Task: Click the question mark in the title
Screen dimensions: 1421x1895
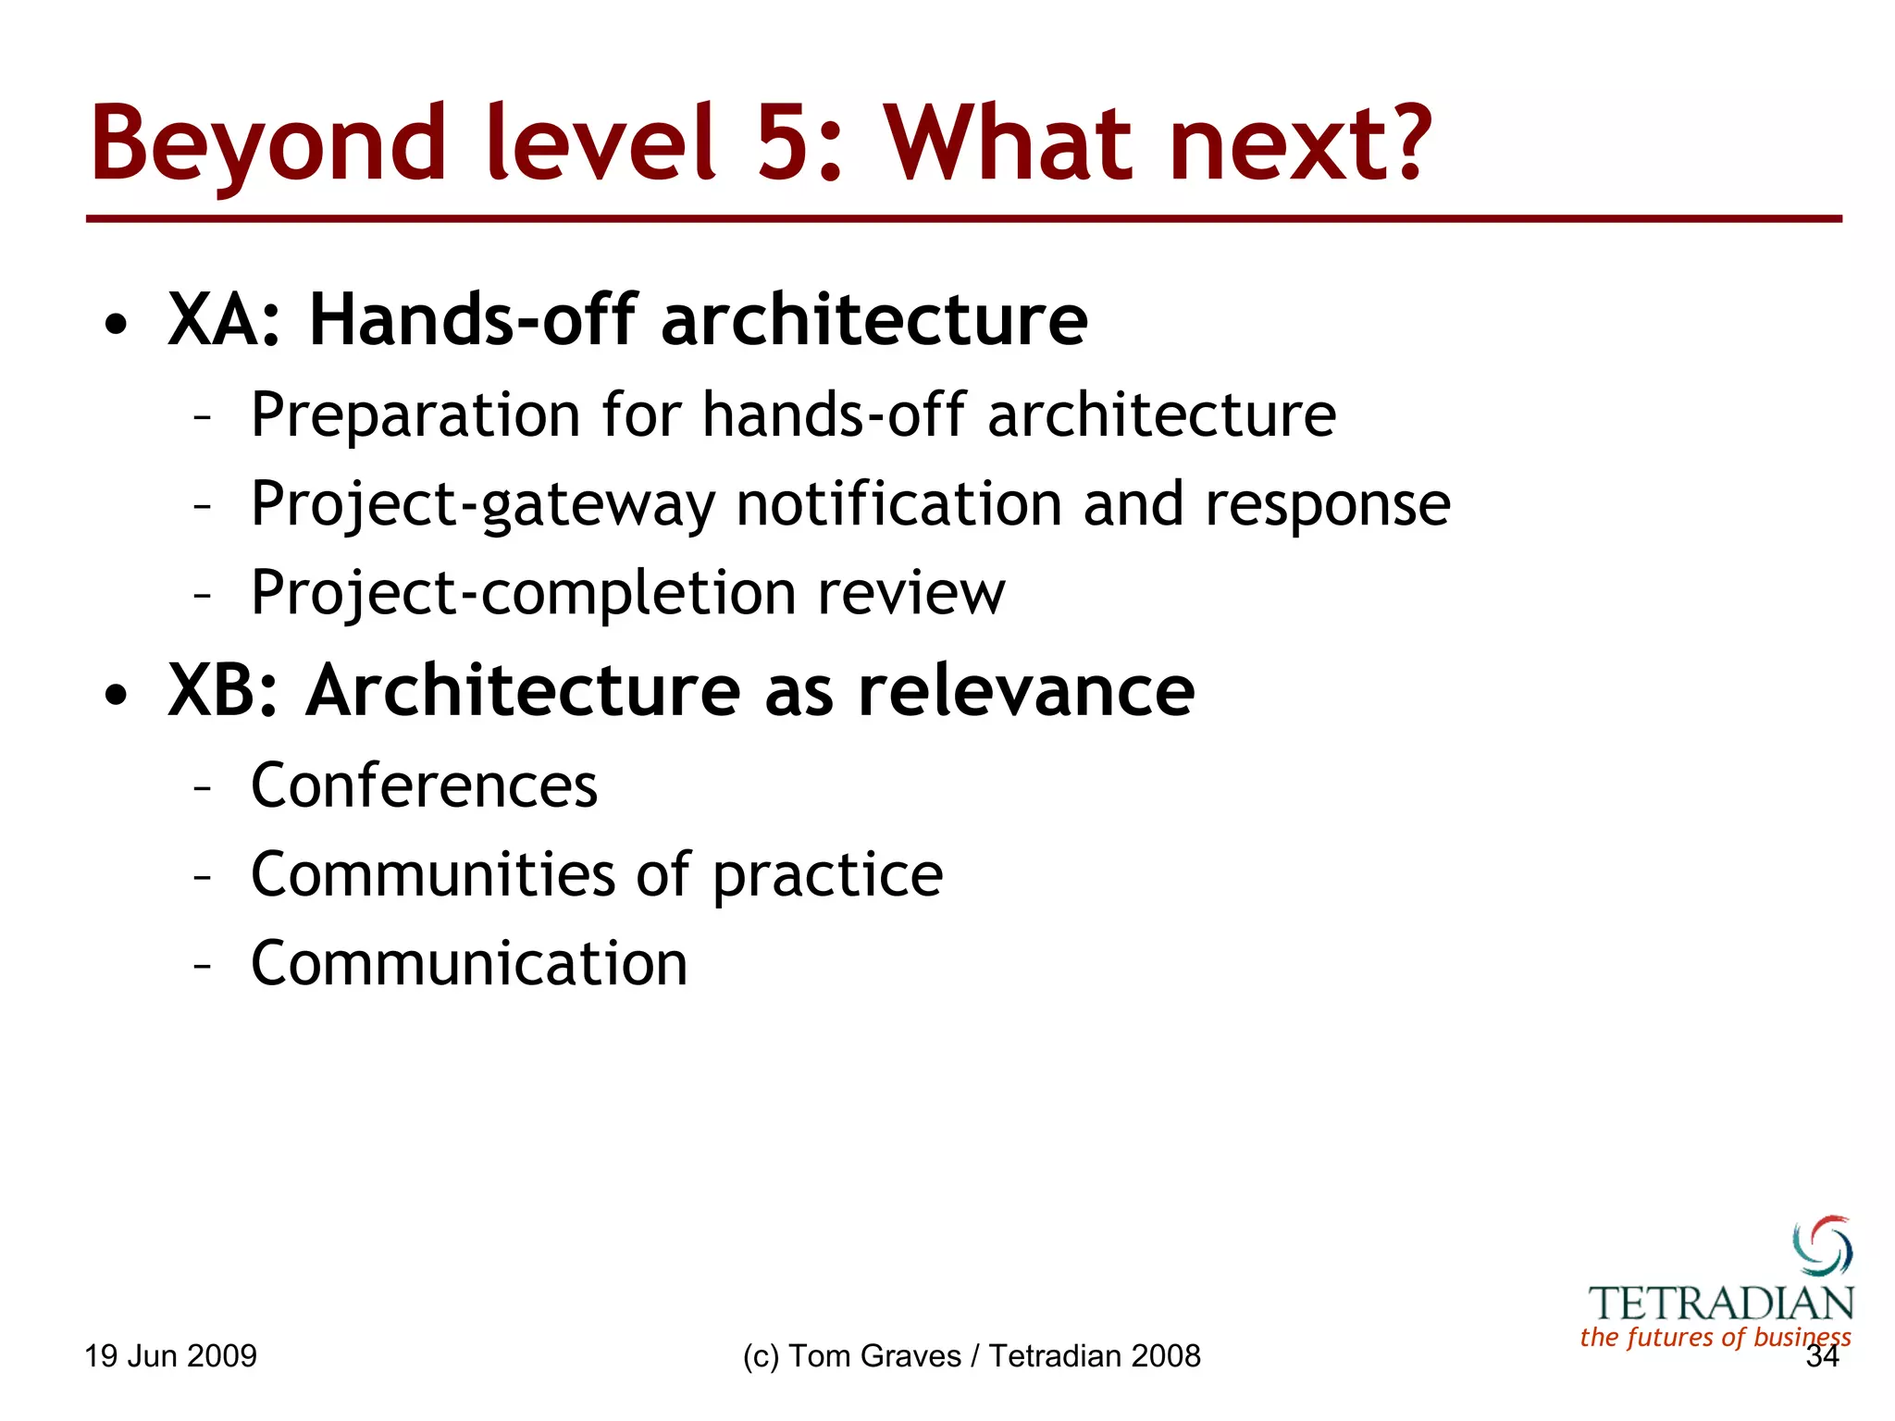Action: [1405, 143]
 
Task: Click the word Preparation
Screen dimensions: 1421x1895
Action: [415, 415]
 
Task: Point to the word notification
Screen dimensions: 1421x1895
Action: [898, 504]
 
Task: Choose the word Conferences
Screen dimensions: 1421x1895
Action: [424, 785]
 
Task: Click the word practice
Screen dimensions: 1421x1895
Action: [827, 876]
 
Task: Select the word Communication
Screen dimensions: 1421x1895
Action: [469, 963]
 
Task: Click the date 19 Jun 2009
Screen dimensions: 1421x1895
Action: [170, 1356]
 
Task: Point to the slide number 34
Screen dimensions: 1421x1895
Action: [1822, 1357]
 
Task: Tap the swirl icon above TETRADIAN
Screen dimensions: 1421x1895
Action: [1822, 1245]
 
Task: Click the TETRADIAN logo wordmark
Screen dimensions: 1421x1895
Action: [1721, 1304]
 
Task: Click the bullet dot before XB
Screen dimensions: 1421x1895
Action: [116, 695]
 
